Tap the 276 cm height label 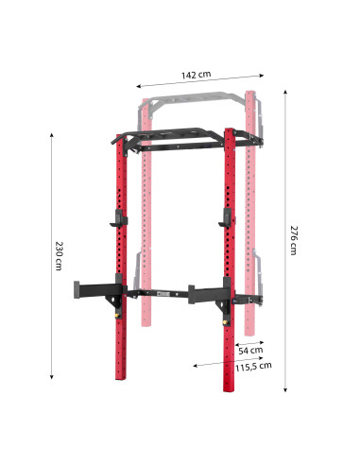click(294, 239)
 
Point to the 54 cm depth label click(250, 351)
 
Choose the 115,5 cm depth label click(252, 365)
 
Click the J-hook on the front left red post click(116, 221)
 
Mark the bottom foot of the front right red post click(230, 387)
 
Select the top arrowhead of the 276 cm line click(284, 88)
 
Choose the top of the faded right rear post click(251, 93)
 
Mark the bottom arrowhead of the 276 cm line click(284, 388)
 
